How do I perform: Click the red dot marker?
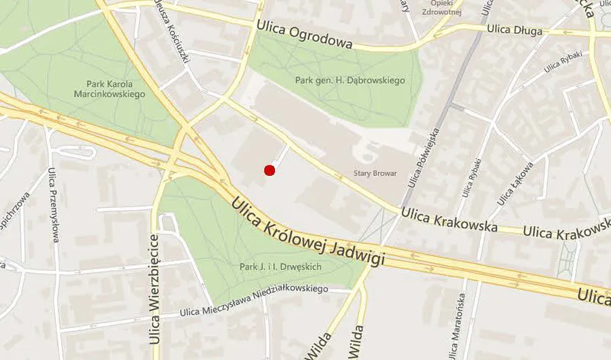(269, 170)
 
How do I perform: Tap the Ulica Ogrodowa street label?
(304, 35)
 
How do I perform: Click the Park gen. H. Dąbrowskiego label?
(350, 80)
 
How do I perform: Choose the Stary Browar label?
(375, 173)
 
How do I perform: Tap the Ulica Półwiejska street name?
(424, 154)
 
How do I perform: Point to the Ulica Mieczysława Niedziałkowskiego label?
(254, 300)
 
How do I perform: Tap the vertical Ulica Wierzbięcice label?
(155, 296)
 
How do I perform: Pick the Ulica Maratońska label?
(462, 326)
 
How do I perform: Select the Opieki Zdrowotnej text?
(441, 7)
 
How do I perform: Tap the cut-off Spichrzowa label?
(15, 210)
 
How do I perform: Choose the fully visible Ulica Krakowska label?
(449, 219)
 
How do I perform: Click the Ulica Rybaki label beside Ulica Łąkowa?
(473, 177)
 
